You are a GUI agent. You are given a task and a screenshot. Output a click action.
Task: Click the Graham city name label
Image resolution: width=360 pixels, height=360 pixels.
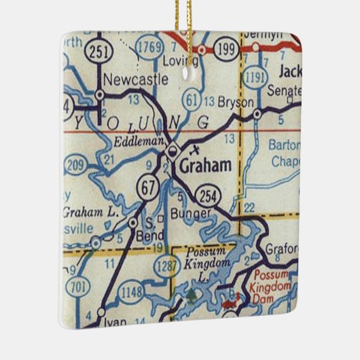206,165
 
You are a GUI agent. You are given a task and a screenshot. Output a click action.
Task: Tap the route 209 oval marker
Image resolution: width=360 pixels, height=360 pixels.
75,164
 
